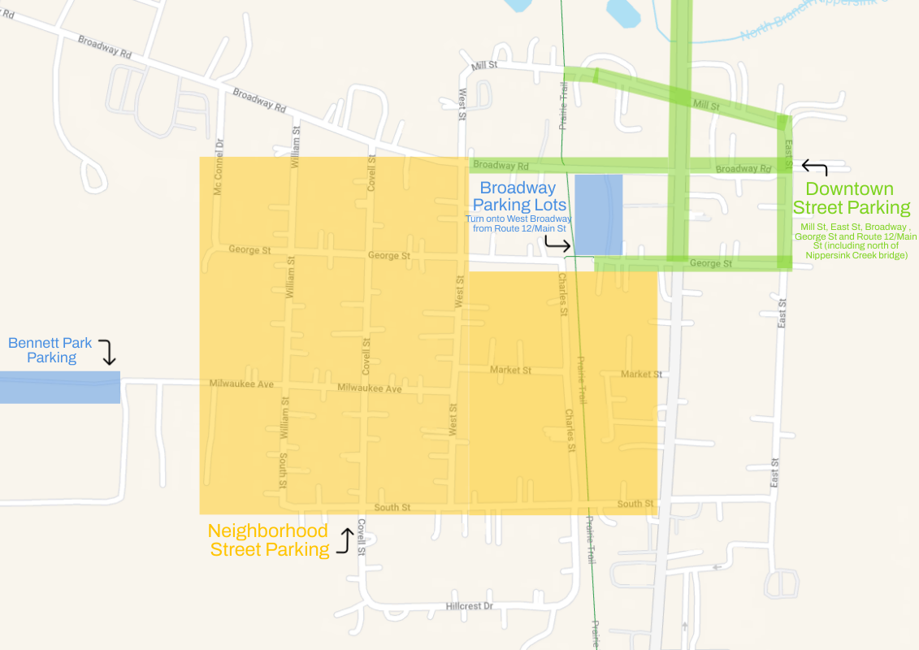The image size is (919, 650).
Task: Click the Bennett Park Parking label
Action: (x=50, y=350)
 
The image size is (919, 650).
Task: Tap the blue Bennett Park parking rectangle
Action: (x=59, y=388)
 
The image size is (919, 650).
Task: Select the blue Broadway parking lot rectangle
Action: (x=599, y=214)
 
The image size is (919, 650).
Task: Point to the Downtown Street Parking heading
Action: (x=852, y=198)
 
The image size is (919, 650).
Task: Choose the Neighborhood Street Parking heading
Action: (x=269, y=540)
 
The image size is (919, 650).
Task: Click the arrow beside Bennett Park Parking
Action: (x=108, y=352)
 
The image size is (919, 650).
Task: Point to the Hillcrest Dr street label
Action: (x=470, y=606)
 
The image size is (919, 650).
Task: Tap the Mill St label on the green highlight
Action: (x=705, y=105)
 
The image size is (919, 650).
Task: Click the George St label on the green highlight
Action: (x=711, y=263)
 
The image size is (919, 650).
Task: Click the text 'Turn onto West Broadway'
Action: (x=518, y=219)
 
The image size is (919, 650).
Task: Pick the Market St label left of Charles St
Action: (x=510, y=370)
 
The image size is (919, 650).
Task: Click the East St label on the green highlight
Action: (x=787, y=154)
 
